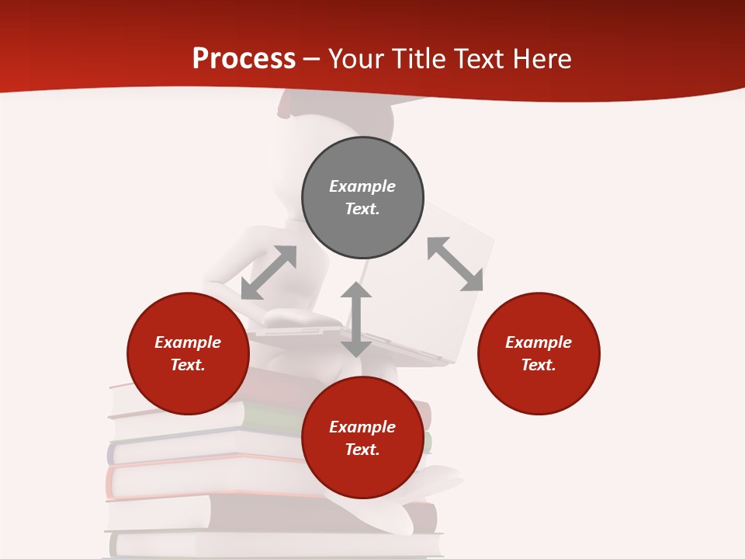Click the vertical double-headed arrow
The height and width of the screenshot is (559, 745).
(x=355, y=319)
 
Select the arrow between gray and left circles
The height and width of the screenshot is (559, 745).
(x=269, y=273)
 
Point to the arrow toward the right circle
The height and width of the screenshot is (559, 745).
(x=455, y=264)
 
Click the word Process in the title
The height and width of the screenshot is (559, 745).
(x=244, y=58)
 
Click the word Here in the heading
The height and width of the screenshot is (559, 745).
(x=541, y=58)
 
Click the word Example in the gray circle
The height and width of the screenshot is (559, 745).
(x=362, y=186)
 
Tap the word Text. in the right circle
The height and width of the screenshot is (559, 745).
(x=539, y=365)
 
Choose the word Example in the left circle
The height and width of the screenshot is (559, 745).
(x=188, y=342)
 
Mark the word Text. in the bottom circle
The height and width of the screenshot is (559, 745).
(x=362, y=450)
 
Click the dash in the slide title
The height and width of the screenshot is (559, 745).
(x=312, y=59)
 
